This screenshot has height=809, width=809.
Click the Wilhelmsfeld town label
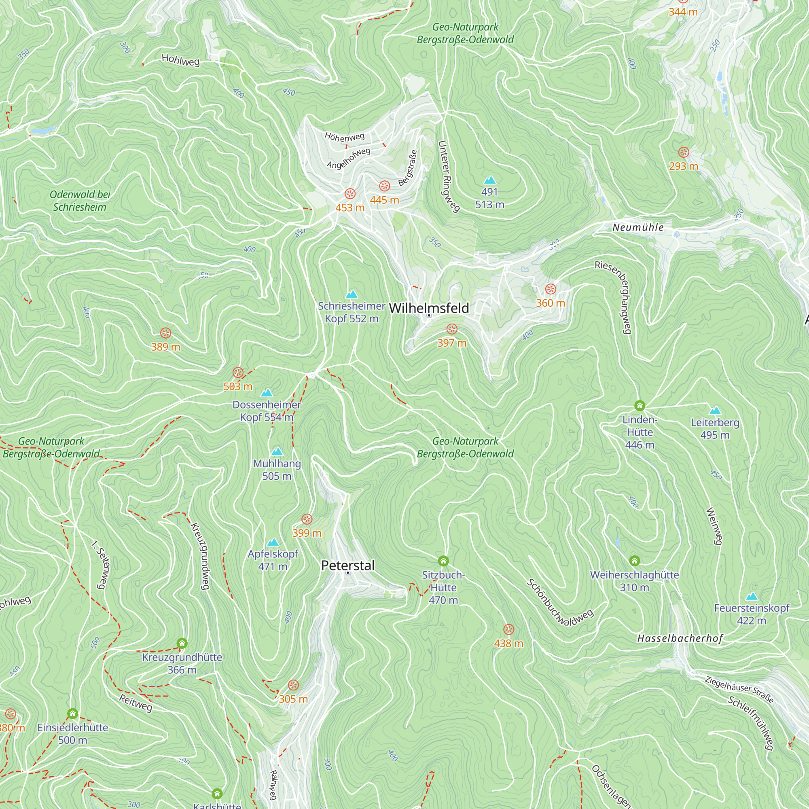429,308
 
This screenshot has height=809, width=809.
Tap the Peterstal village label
347,565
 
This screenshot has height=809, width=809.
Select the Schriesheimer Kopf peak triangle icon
352,294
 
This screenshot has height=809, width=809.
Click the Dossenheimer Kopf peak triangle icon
267,393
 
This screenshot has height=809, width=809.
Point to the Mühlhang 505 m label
277,469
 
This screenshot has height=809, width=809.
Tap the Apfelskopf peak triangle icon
273,542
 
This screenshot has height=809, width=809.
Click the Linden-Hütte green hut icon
640,405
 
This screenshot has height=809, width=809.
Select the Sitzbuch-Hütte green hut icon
443,561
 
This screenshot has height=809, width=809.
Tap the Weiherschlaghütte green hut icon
634,561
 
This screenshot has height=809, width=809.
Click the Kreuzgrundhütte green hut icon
182,643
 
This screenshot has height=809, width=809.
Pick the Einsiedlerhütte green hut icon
72,714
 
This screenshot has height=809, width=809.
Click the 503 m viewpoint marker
238,373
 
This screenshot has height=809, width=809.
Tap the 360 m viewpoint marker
550,289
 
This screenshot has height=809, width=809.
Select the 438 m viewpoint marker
508,629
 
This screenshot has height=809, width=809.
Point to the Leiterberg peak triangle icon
715,411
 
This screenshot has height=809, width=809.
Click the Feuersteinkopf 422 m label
751,614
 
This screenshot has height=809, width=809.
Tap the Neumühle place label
638,227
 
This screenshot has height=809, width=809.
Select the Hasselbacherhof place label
680,638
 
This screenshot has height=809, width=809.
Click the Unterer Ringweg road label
448,176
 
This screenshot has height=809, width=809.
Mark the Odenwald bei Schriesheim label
80,201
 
